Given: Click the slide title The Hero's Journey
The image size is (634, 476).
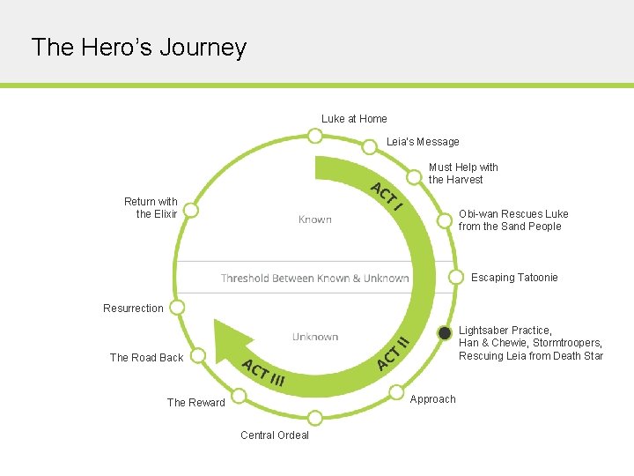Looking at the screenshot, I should coord(138,47).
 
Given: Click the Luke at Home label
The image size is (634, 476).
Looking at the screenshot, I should coord(354,119).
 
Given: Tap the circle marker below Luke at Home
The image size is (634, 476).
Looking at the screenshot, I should coord(314,136).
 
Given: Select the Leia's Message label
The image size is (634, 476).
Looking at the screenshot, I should coord(423,142).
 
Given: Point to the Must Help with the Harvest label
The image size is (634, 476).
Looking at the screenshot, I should coord(463,173).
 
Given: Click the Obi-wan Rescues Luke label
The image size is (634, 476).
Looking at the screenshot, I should coord(513,220).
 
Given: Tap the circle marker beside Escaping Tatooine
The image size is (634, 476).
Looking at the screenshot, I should coord(456,277).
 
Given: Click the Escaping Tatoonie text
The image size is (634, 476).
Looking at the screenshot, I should coord(514,278).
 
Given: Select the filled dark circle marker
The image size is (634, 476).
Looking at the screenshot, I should coord(445,333).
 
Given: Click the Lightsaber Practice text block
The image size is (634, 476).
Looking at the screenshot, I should coord(530,343).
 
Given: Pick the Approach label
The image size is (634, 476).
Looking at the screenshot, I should coord(433,399).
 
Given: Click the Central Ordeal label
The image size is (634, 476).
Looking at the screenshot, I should coord(275,435).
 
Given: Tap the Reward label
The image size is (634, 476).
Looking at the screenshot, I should coord(196,403).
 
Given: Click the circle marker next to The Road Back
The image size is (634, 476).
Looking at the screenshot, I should coord(199,355).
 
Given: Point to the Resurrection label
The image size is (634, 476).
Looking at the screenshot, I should coord(133,309).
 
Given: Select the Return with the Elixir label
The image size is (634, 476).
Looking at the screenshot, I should coord(151,208).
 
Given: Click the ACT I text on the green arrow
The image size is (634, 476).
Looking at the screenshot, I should coord(387,197).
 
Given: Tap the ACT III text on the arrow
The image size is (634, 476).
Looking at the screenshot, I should coord(263,374).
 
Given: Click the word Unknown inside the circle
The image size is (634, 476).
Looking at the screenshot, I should coord(315,337).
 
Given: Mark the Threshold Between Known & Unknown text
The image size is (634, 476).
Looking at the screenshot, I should coord(314,279).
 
